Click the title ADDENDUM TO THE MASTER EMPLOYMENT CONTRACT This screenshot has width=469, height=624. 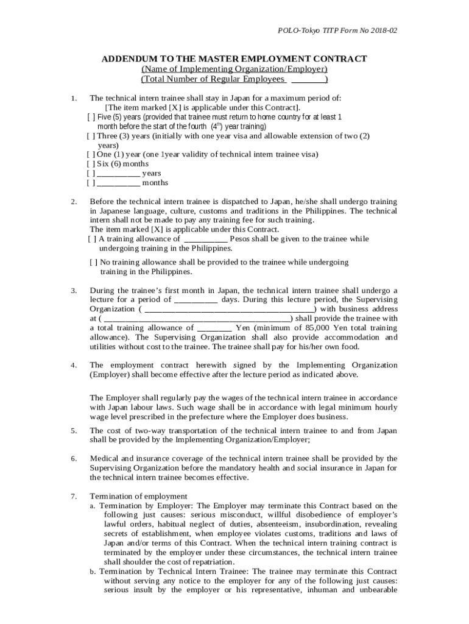coord(234,58)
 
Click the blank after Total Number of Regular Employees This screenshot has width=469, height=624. coord(308,79)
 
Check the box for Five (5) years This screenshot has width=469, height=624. coord(91,116)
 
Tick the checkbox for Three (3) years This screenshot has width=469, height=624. coord(91,136)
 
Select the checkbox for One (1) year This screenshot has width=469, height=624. coord(91,155)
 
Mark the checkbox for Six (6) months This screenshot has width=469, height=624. coord(91,164)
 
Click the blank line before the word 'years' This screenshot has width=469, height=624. coord(118,174)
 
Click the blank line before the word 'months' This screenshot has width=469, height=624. coord(118,183)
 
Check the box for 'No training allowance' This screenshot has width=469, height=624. coord(93,262)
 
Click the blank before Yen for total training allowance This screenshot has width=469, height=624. coord(214,328)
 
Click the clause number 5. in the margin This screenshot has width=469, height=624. coord(73,431)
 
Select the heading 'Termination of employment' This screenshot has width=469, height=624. coord(138,496)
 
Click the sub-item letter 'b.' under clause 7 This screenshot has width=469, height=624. coord(93,572)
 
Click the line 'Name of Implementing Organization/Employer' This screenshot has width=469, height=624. coord(234,69)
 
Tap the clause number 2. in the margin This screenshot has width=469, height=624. coord(73,201)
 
